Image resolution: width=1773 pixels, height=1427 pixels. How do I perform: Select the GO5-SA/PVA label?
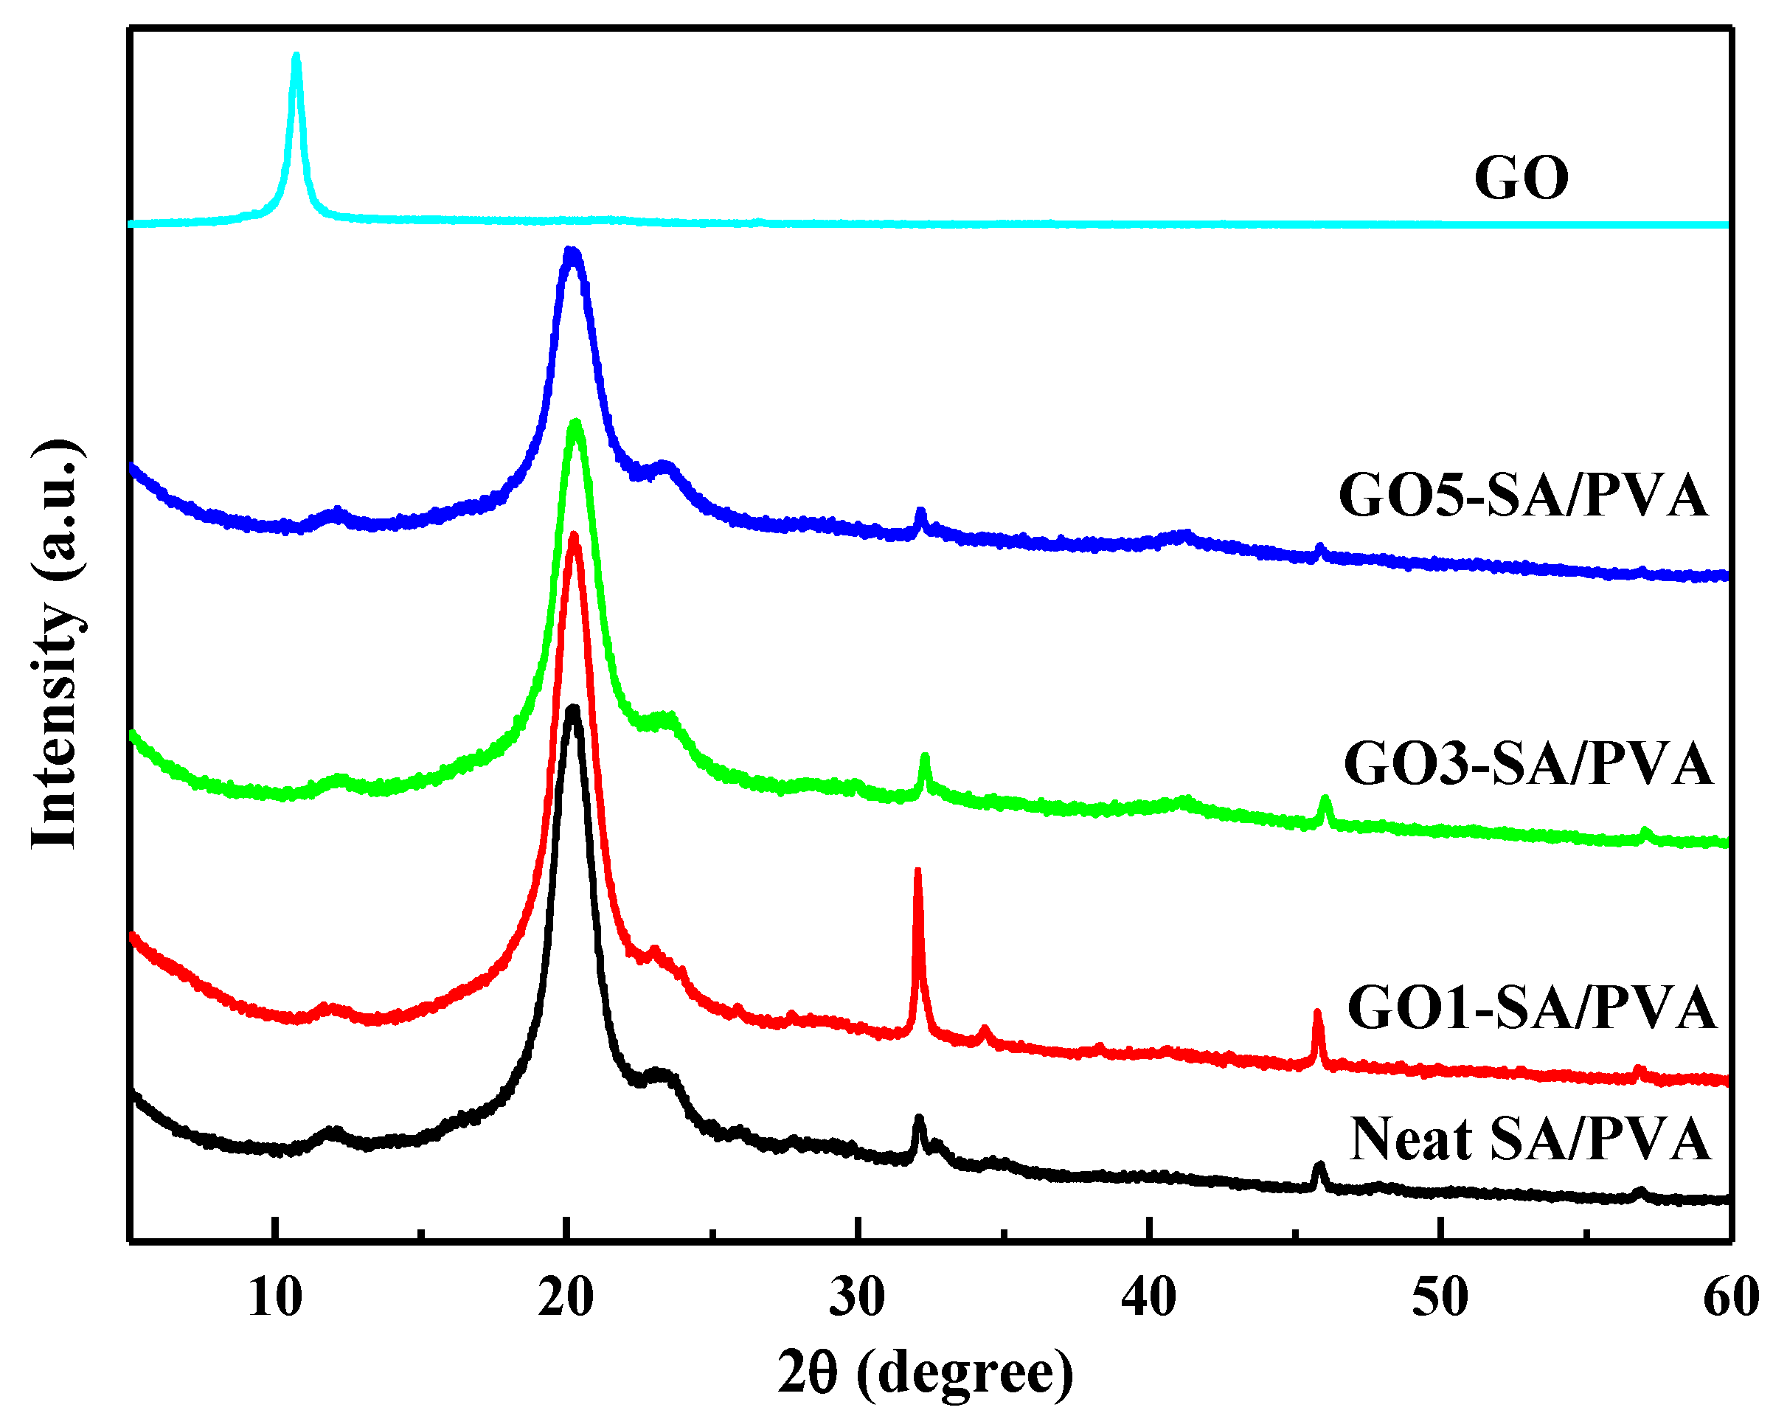point(1524,496)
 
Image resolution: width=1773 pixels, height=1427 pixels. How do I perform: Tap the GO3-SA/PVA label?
point(1528,764)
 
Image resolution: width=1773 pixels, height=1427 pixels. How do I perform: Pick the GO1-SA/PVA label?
point(1531,1008)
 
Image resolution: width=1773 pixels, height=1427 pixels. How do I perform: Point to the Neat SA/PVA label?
point(1530,1140)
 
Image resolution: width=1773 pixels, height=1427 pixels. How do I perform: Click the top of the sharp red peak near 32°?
point(917,871)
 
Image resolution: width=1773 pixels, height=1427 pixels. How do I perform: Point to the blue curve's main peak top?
point(572,251)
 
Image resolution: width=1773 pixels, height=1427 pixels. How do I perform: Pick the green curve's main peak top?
point(576,424)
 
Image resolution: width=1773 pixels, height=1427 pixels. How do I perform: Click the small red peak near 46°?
point(1317,1014)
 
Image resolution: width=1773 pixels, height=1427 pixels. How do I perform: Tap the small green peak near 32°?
point(924,756)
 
